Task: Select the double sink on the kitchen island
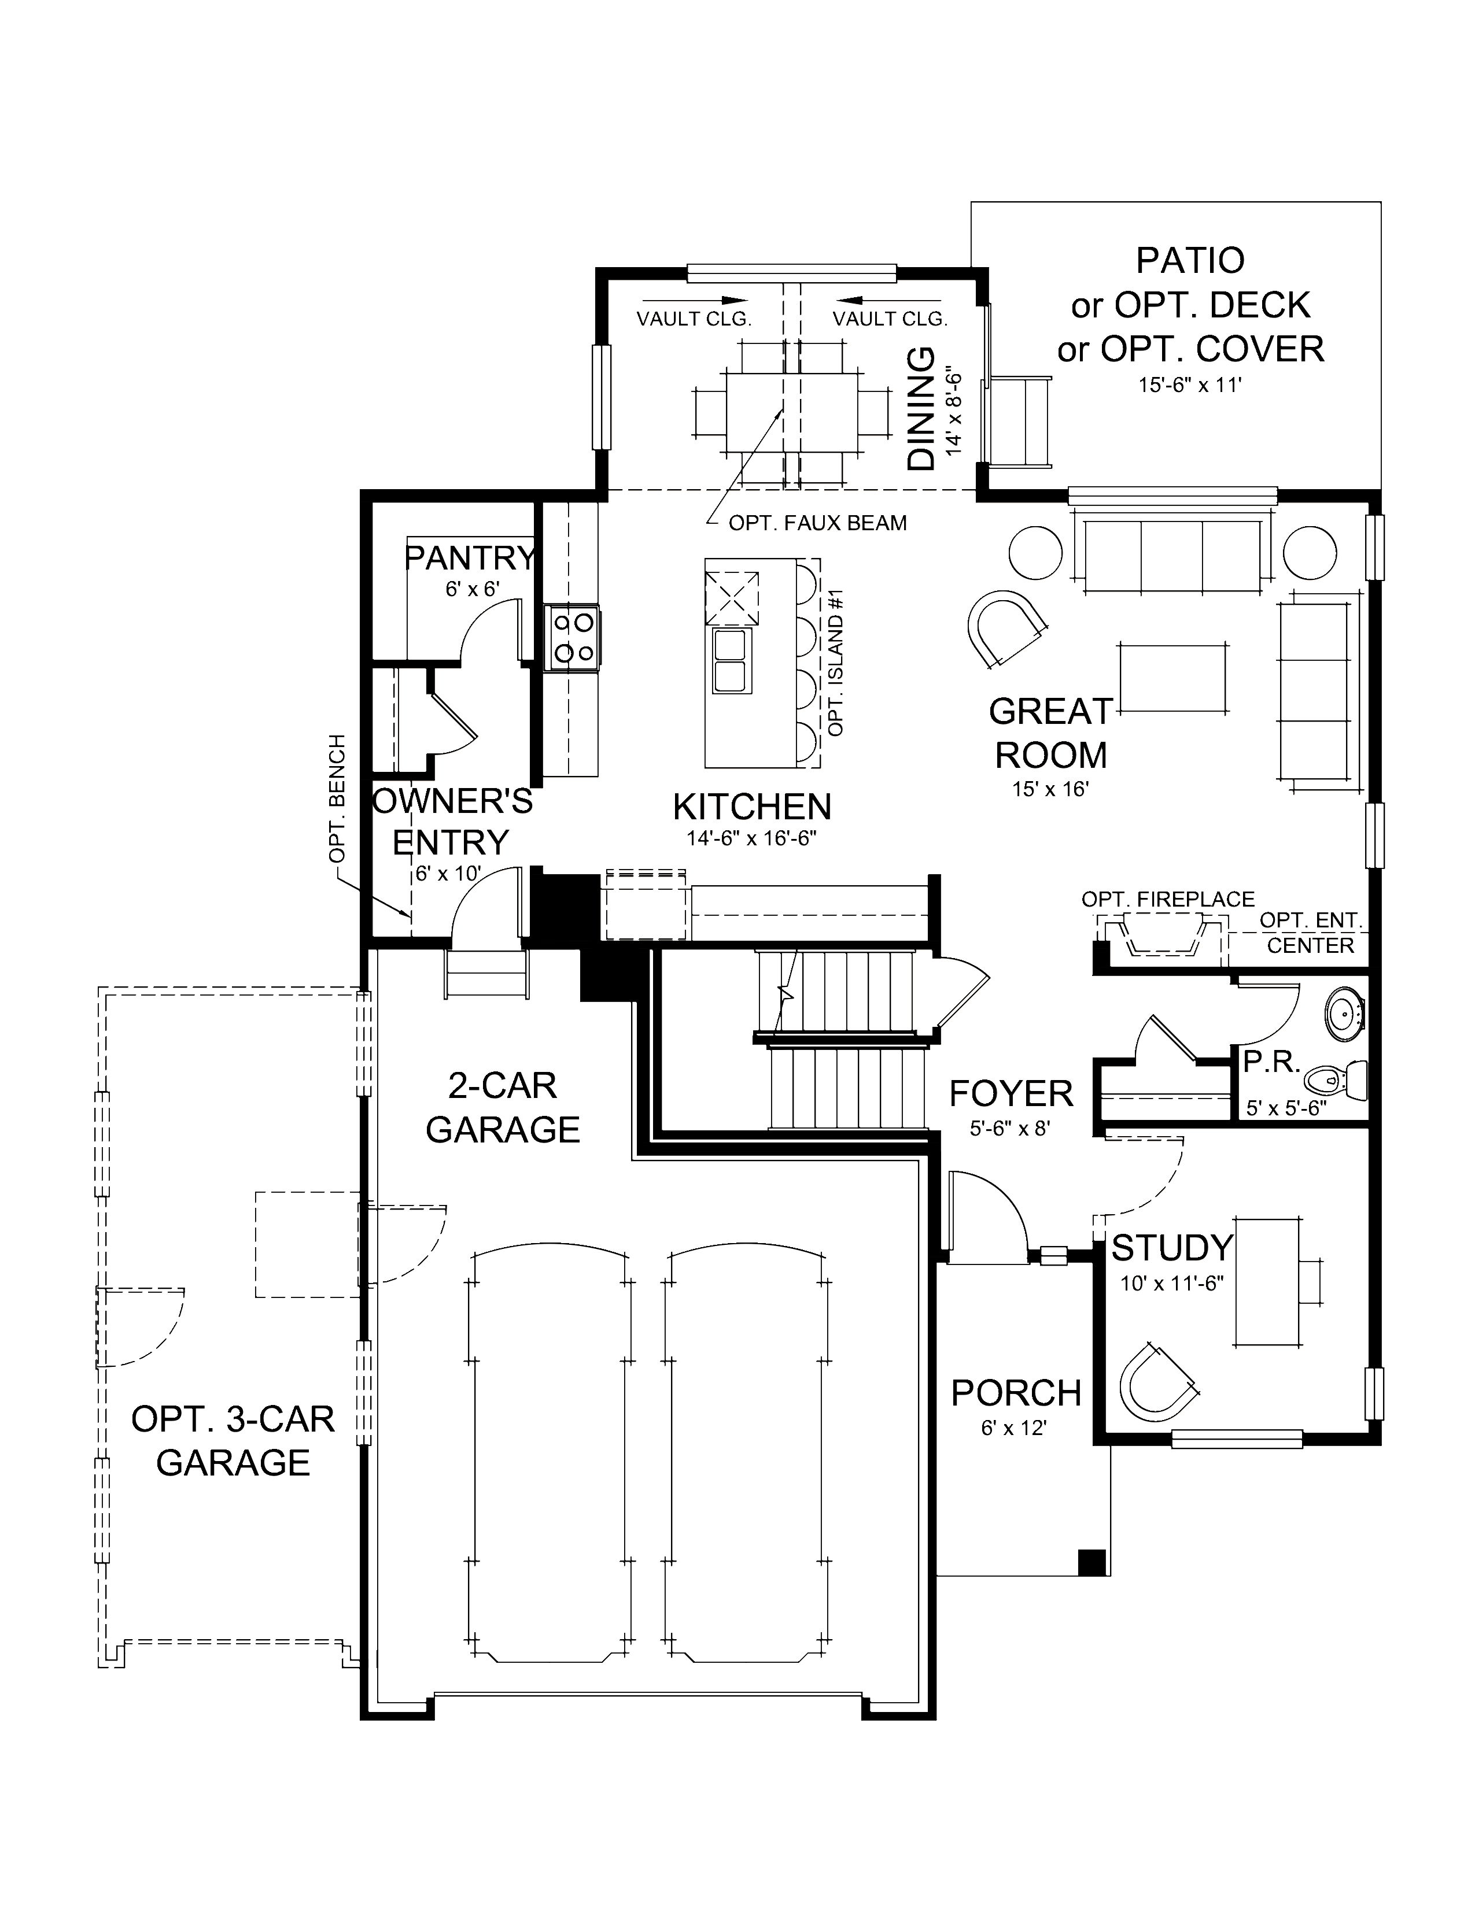click(x=729, y=660)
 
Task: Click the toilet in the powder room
click(x=1340, y=1081)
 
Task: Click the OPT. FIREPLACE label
click(x=1167, y=899)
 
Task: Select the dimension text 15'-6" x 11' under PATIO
click(x=1189, y=384)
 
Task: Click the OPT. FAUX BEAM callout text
click(x=817, y=523)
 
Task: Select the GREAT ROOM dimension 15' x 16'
click(x=1050, y=789)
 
